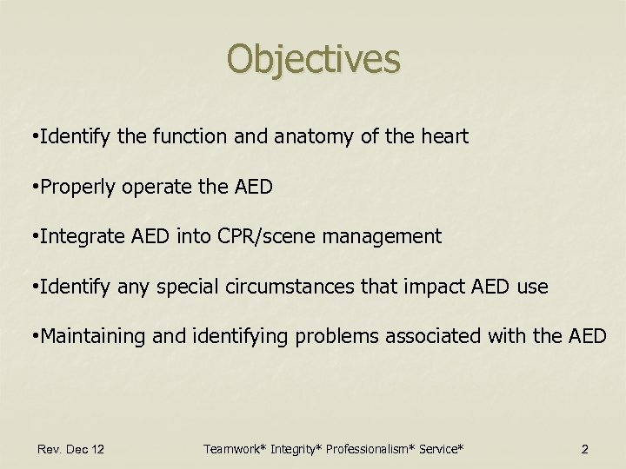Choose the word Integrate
tap(74, 236)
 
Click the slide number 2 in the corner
tap(584, 449)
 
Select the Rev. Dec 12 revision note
tap(71, 449)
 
